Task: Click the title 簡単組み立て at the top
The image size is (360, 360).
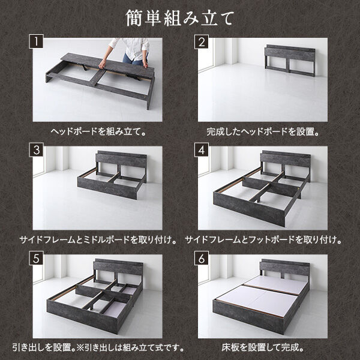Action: pyautogui.click(x=179, y=17)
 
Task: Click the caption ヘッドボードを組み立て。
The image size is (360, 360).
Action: pyautogui.click(x=97, y=131)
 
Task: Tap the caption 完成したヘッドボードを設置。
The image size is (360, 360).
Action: pyautogui.click(x=262, y=131)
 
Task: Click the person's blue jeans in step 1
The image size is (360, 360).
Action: pyautogui.click(x=134, y=58)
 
